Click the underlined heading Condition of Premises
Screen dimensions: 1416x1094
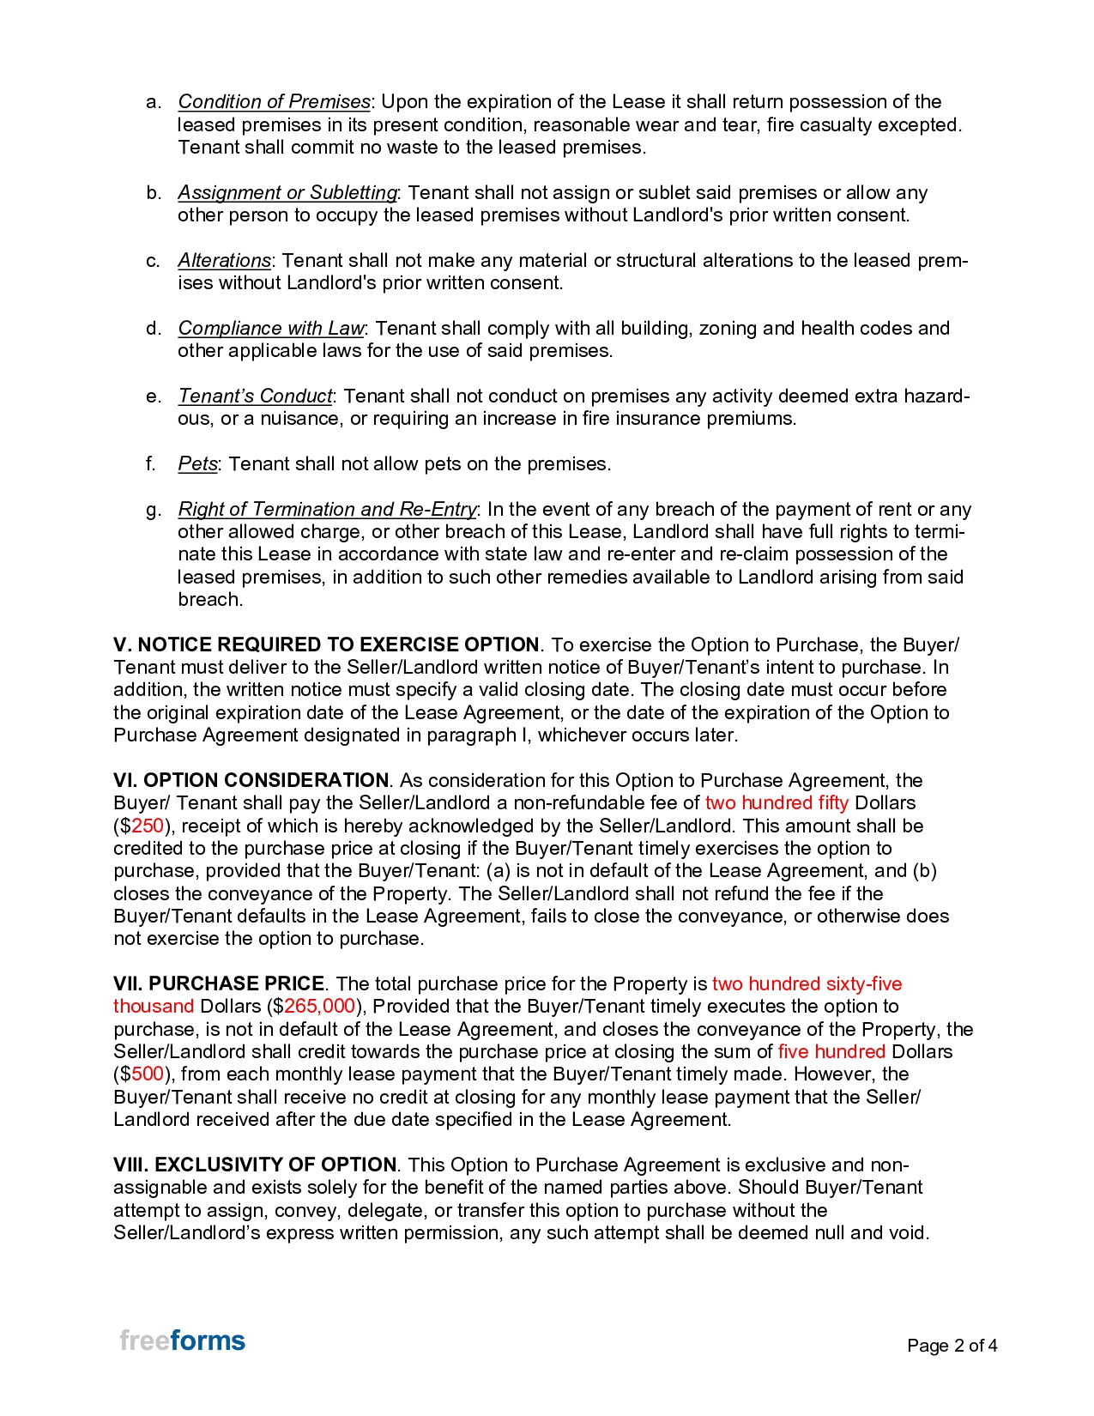tap(274, 102)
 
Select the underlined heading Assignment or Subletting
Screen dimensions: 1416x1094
tap(287, 193)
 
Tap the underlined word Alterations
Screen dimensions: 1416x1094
tap(224, 261)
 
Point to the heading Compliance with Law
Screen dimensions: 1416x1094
tap(271, 329)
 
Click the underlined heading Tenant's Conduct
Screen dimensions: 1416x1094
tap(255, 396)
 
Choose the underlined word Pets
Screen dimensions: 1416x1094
tap(197, 464)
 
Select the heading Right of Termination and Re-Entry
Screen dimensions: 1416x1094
tap(327, 510)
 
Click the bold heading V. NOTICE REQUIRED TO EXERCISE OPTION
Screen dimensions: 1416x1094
tap(326, 645)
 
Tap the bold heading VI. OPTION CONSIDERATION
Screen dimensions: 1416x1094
tap(251, 781)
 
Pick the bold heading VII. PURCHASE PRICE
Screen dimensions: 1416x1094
tap(219, 984)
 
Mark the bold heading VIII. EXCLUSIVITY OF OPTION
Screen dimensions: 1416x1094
tap(255, 1165)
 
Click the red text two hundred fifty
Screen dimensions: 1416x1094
tap(777, 803)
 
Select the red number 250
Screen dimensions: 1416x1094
tap(148, 826)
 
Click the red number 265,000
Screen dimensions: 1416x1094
tap(319, 1007)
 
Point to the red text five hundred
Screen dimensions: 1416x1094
tap(831, 1052)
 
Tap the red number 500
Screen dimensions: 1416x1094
tap(148, 1074)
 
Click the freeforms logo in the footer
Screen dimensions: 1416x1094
tap(182, 1340)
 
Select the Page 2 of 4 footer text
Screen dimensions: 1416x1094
tap(952, 1346)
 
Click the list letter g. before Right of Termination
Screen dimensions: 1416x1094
tap(154, 510)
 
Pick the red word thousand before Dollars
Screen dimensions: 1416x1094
tap(154, 1007)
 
